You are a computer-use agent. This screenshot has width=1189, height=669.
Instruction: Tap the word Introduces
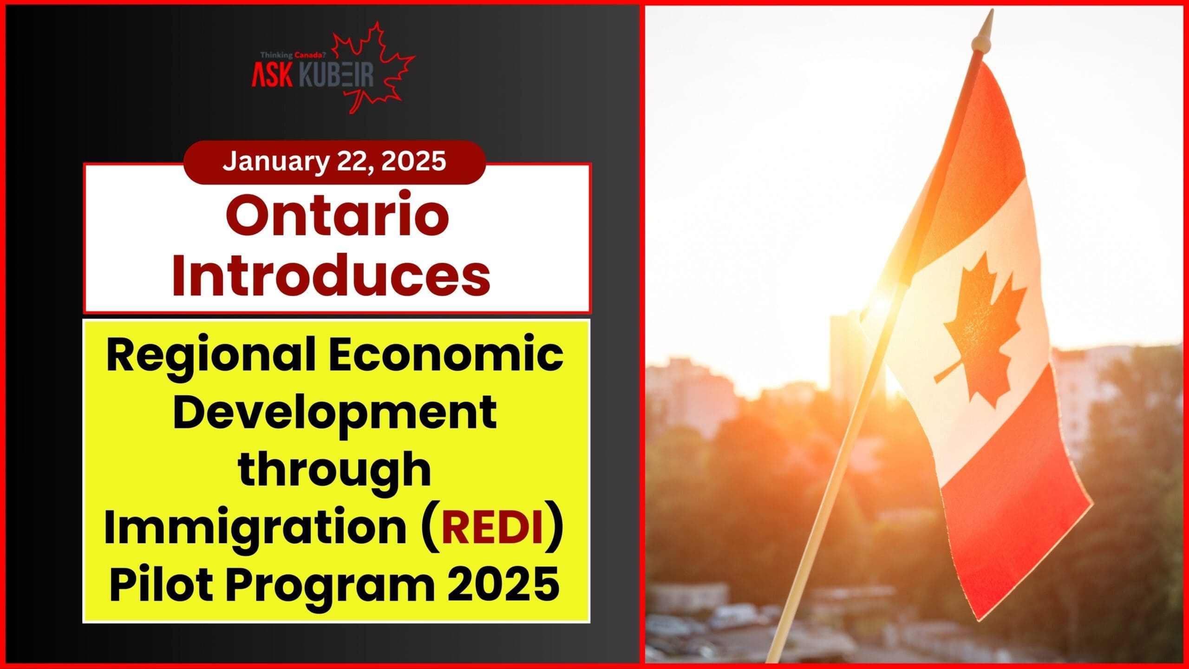click(331, 275)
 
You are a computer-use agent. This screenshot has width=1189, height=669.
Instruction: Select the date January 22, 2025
click(334, 161)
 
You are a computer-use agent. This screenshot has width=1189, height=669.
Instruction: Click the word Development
click(335, 416)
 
